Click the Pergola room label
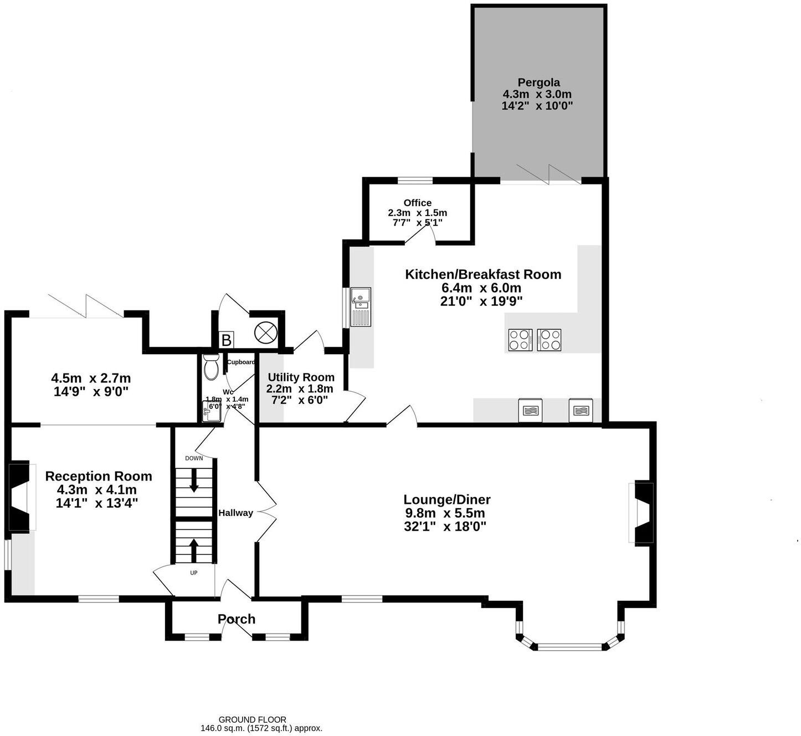pos(538,83)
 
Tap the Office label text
pos(417,203)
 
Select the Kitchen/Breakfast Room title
pos(483,274)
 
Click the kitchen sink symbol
pos(360,307)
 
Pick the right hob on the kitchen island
pos(550,340)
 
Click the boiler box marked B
pos(226,340)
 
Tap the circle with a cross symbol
pos(265,333)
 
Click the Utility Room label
pos(301,377)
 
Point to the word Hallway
pos(235,513)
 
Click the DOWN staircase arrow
pos(194,481)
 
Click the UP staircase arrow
pos(194,550)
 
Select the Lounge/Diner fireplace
pos(644,513)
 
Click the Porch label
pos(237,619)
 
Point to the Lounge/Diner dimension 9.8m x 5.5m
pos(445,513)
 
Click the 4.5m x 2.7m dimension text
pos(91,379)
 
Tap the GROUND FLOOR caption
pos(252,720)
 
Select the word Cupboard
pos(241,362)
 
